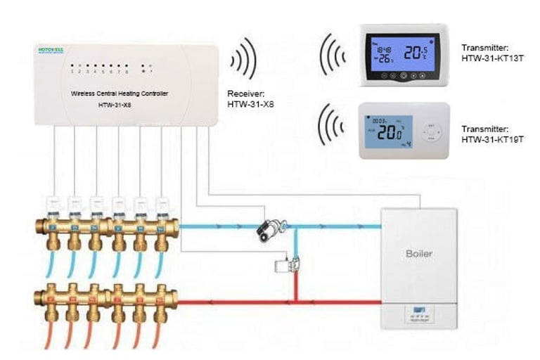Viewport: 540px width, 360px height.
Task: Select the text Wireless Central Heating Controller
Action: (x=120, y=94)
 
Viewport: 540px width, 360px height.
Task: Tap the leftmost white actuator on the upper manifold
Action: (x=54, y=204)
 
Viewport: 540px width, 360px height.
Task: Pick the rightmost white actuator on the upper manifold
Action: (x=162, y=204)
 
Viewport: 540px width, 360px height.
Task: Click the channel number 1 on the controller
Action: (x=72, y=71)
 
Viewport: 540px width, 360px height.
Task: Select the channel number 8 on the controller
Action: (x=127, y=71)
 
